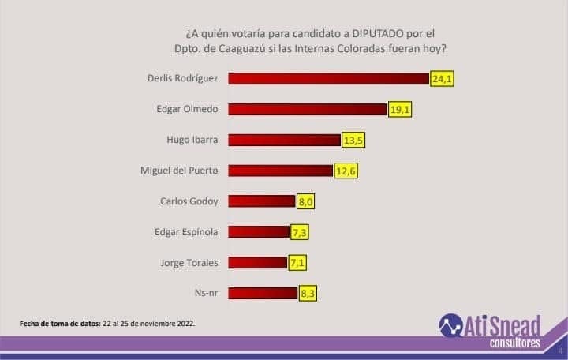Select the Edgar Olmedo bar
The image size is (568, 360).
(308, 109)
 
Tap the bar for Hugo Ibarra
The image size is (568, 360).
(285, 140)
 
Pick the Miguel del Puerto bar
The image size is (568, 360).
(281, 171)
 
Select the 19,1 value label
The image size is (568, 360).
(400, 110)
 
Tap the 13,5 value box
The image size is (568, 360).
(353, 141)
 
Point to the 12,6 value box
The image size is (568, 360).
(346, 171)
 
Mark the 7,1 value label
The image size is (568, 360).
(299, 263)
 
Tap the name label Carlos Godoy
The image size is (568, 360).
(189, 201)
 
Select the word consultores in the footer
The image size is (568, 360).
(514, 343)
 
